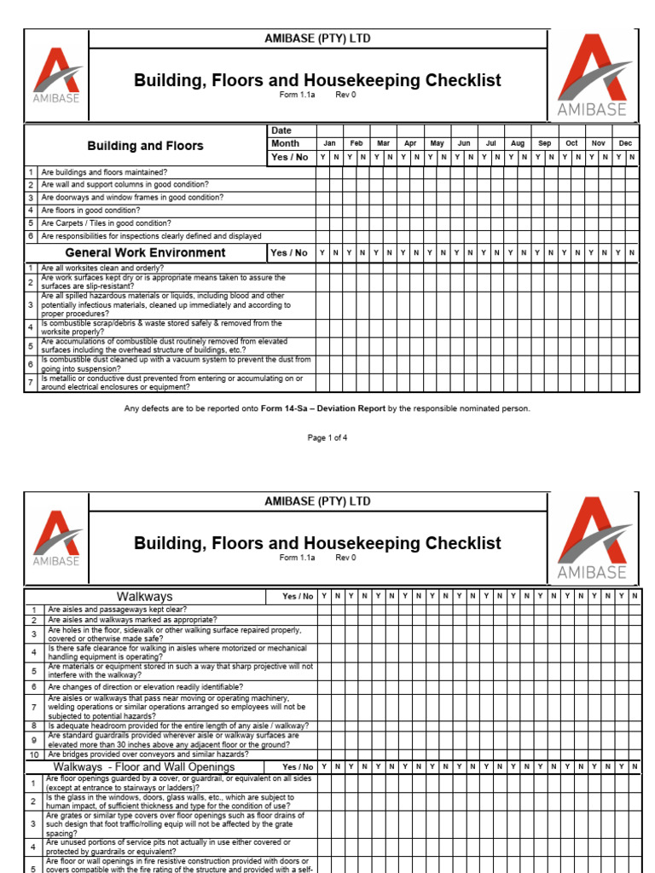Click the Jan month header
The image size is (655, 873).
point(329,143)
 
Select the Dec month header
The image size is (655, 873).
point(625,143)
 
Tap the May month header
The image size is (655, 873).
point(437,143)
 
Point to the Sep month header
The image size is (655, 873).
point(544,143)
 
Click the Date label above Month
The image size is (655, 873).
point(281,130)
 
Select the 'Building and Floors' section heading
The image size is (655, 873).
point(145,146)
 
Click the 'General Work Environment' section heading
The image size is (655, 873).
point(145,252)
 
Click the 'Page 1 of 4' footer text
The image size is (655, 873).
point(327,437)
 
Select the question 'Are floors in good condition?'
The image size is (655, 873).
point(90,211)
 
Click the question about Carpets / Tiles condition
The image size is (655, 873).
point(106,223)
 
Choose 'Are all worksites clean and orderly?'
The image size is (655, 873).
point(101,268)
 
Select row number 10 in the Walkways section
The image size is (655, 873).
point(34,754)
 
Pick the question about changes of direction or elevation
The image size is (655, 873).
point(145,686)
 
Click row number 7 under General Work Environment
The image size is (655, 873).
point(31,383)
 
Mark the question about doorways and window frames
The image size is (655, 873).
point(132,198)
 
